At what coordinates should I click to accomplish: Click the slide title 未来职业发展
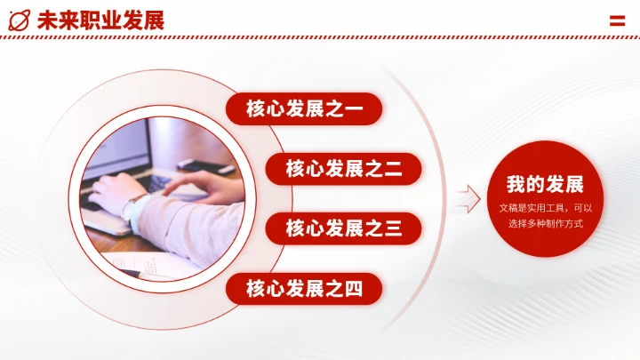100,20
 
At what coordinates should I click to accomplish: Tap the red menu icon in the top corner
617,20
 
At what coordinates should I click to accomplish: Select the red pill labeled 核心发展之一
304,109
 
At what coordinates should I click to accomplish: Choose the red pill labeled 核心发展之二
343,169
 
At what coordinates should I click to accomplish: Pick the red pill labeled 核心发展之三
343,228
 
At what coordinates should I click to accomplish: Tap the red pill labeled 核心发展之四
304,288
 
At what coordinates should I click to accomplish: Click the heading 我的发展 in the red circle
546,185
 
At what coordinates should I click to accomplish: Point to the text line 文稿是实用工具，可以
546,207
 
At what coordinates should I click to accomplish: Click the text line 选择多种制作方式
546,223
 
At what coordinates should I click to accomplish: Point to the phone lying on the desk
204,164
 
